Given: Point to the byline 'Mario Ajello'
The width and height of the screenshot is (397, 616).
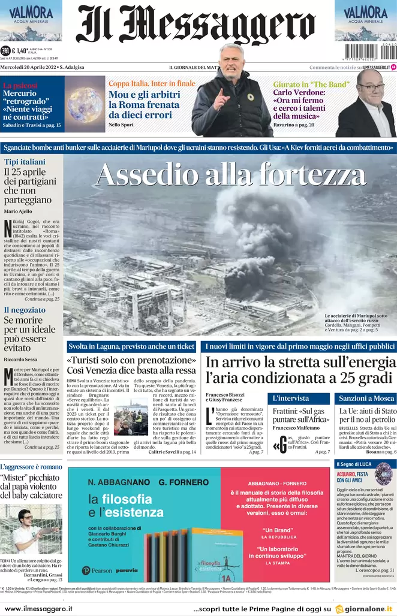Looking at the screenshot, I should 19,212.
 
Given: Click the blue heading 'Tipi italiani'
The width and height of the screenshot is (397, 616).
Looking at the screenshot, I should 25,162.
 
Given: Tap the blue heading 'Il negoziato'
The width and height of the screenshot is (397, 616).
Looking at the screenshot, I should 25,310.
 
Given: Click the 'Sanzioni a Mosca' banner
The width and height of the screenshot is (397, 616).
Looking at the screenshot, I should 366,398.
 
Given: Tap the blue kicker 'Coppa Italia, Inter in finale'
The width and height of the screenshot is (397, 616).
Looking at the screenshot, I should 152,83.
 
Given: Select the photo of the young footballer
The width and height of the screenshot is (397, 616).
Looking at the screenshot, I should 31,528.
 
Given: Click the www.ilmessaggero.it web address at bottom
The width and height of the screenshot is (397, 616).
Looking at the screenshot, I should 38,608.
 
